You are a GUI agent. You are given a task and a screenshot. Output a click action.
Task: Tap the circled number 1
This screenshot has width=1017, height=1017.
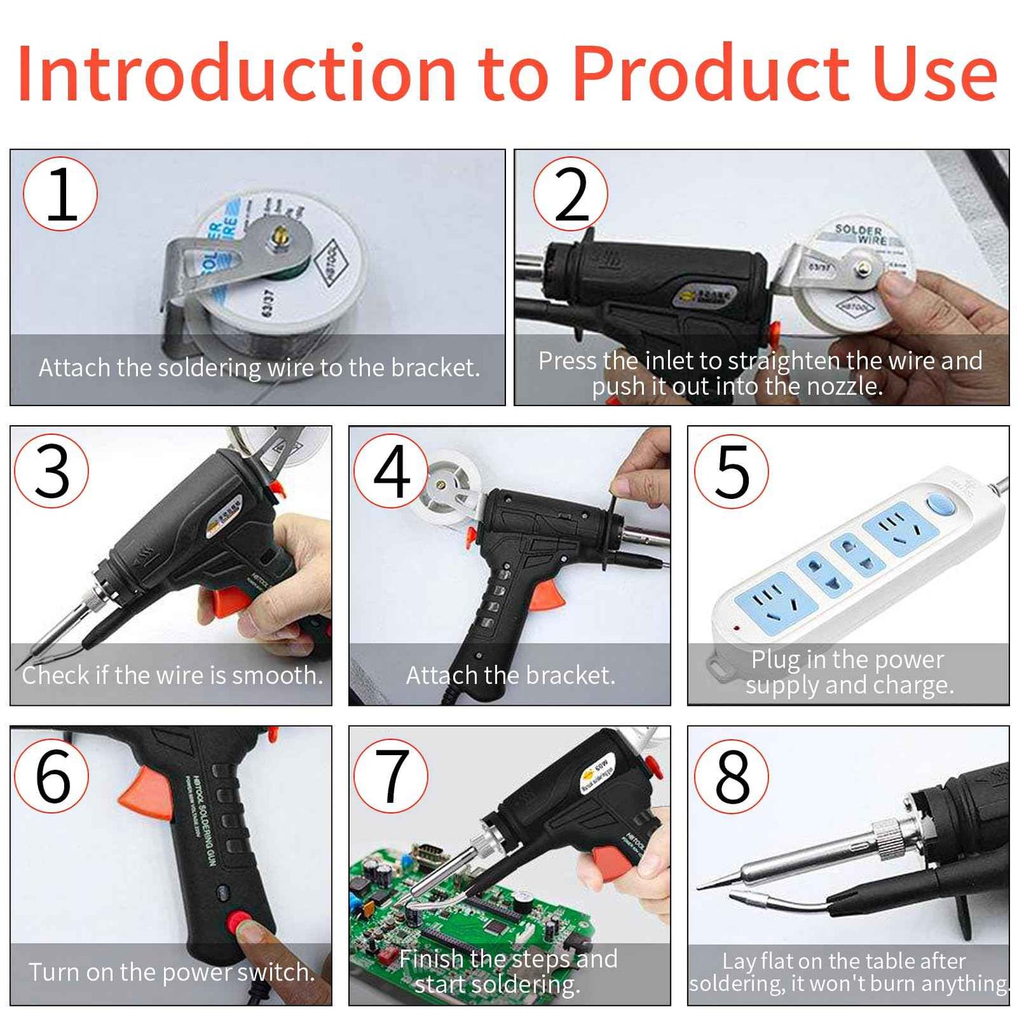(x=60, y=194)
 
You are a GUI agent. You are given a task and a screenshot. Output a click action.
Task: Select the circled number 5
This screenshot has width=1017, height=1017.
(x=731, y=472)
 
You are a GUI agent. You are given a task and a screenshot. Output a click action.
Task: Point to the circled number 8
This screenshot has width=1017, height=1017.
(x=731, y=776)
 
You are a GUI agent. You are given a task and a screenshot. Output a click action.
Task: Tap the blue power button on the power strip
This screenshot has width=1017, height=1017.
(x=940, y=504)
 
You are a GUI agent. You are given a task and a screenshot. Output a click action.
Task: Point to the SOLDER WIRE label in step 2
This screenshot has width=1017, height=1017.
(x=861, y=234)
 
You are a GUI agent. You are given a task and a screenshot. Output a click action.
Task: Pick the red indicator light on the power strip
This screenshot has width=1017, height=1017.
(x=737, y=626)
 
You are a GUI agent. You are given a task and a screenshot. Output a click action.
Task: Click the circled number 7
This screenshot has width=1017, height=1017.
(x=391, y=776)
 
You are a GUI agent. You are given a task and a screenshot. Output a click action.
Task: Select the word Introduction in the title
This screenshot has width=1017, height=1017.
(x=236, y=74)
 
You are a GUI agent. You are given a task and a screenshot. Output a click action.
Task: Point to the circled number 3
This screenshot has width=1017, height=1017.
(x=51, y=472)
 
